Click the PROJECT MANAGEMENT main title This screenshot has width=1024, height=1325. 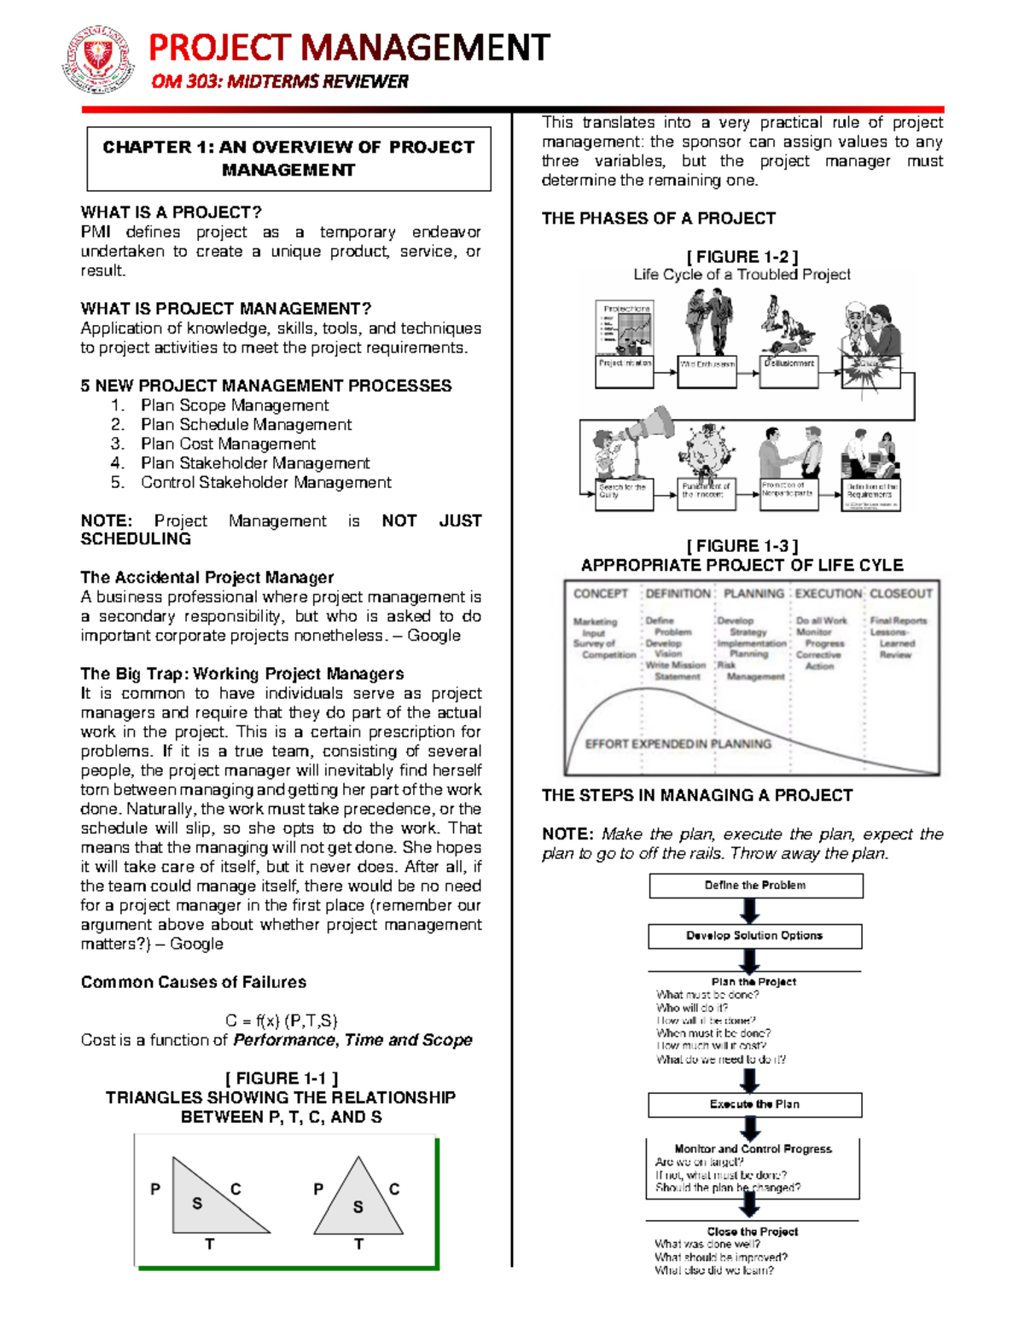click(x=349, y=48)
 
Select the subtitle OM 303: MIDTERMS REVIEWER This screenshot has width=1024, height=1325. click(x=279, y=82)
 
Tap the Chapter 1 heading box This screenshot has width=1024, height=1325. click(x=288, y=159)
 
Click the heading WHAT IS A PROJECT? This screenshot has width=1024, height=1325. click(x=171, y=212)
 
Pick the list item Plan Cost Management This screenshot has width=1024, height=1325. click(x=228, y=444)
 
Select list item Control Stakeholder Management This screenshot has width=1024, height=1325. click(x=265, y=483)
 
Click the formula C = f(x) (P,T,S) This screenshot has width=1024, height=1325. click(x=281, y=1020)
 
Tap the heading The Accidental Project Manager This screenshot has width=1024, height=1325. click(x=207, y=578)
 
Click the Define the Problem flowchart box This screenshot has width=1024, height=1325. click(x=755, y=886)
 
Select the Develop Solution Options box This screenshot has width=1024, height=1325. click(x=754, y=936)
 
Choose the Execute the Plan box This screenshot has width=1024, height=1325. click(x=754, y=1104)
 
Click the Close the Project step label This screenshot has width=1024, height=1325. click(x=752, y=1231)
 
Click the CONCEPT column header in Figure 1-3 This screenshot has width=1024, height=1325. click(x=600, y=594)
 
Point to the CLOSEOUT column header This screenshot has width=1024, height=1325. click(x=901, y=594)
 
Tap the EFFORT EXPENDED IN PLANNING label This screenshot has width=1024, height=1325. click(x=678, y=744)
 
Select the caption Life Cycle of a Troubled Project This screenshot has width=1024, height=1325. click(x=742, y=275)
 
